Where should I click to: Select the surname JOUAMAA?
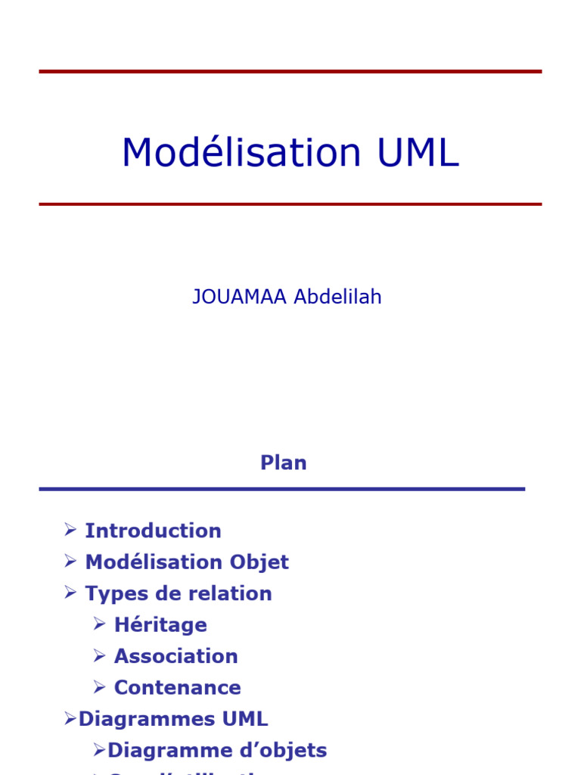[x=239, y=297]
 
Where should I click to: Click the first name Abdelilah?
[x=337, y=297]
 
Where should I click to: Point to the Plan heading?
[x=284, y=463]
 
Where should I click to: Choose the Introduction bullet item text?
[x=153, y=531]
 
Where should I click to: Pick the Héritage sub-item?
[x=160, y=625]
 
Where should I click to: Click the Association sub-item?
[x=176, y=656]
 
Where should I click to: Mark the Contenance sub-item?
[x=177, y=688]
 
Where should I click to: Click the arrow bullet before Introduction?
[x=70, y=530]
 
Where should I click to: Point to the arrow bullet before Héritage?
[x=99, y=624]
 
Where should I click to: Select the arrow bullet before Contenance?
[x=99, y=687]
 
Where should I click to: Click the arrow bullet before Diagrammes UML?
[x=70, y=719]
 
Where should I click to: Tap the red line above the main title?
[x=290, y=71]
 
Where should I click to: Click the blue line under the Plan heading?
[x=281, y=489]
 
